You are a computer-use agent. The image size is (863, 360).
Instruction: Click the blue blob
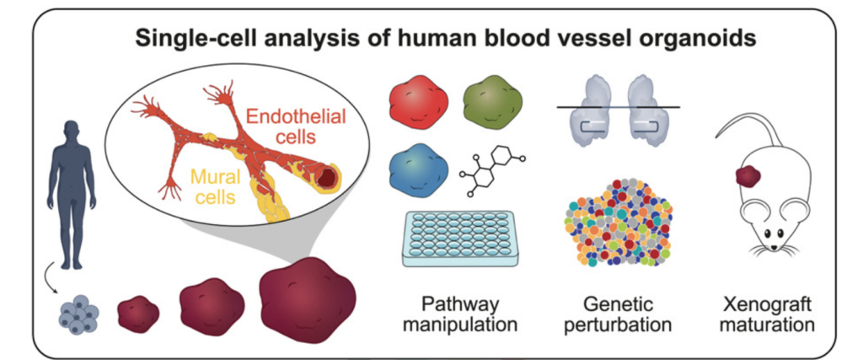coord(416,166)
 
